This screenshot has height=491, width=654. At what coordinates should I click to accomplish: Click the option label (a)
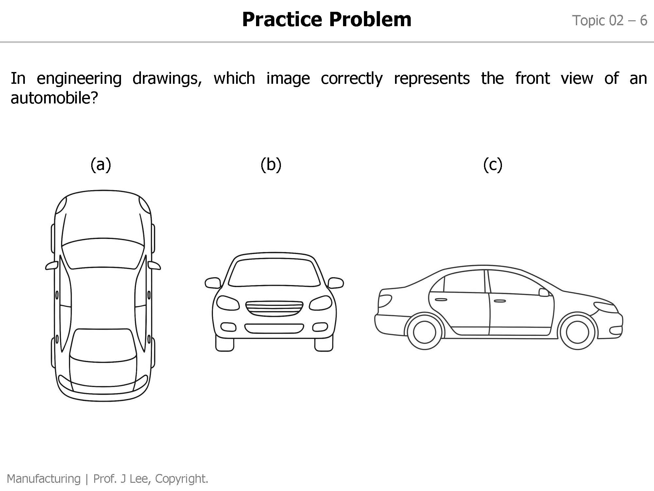[x=101, y=164]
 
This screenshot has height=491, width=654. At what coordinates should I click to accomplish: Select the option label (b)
[x=271, y=164]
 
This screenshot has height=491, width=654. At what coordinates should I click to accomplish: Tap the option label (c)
[x=492, y=164]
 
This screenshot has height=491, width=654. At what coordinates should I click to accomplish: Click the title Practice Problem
[x=326, y=19]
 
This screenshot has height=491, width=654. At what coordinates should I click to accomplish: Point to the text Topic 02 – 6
[x=609, y=21]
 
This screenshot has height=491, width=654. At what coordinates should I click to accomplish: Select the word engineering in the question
[x=79, y=79]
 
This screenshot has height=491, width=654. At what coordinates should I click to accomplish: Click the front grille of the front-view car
[x=274, y=308]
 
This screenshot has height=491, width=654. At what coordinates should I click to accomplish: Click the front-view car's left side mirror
[x=213, y=283]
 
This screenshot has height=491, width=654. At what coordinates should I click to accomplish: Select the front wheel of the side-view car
[x=577, y=332]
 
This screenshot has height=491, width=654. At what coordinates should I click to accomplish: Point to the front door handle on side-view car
[x=499, y=301]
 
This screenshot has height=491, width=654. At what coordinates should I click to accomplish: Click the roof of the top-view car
[x=103, y=298]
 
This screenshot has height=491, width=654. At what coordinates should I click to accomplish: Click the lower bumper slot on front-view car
[x=274, y=328]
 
